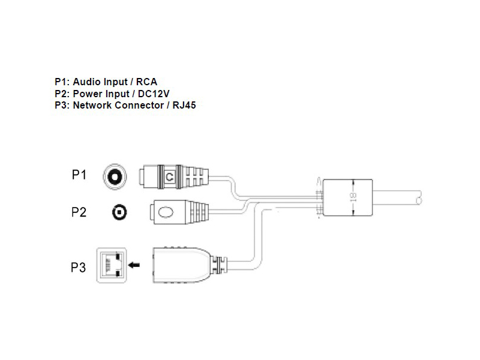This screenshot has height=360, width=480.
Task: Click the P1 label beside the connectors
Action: click(x=79, y=175)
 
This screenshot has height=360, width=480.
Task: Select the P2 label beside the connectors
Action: click(x=79, y=212)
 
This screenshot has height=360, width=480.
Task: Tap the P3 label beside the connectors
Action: click(x=79, y=268)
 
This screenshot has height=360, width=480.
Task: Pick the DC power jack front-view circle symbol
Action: click(x=120, y=212)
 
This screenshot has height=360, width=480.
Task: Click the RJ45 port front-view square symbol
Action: click(x=113, y=264)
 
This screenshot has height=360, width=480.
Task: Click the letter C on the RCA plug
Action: click(x=170, y=176)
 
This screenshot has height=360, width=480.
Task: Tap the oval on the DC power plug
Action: click(x=166, y=212)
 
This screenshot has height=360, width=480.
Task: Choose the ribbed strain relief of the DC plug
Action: click(x=198, y=212)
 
